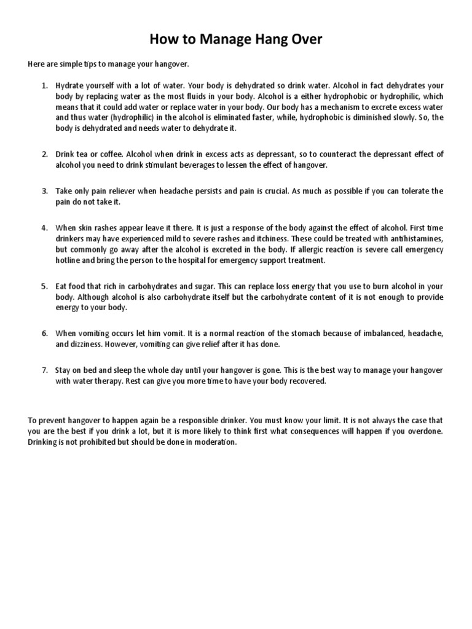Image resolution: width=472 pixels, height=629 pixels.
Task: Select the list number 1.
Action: [x=45, y=85]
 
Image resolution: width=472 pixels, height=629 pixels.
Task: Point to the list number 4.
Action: [x=45, y=227]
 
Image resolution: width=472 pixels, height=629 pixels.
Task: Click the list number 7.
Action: [x=45, y=370]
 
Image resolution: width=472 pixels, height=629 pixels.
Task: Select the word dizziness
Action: [x=87, y=344]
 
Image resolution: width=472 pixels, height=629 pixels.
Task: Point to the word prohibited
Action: [x=104, y=442]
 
